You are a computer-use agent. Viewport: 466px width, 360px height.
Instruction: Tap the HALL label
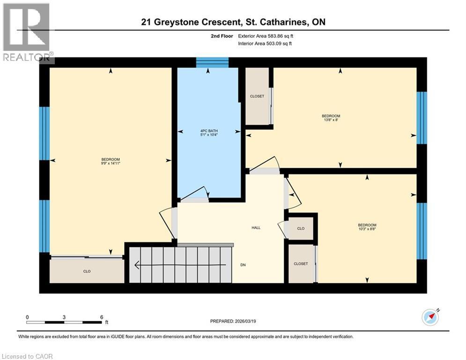(x=256, y=228)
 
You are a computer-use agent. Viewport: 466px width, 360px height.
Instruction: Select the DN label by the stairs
(x=243, y=265)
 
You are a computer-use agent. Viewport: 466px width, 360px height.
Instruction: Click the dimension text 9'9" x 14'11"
(x=111, y=163)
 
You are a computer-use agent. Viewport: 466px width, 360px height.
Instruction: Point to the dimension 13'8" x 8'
(x=331, y=120)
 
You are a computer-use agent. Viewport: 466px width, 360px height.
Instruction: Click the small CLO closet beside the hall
(x=301, y=228)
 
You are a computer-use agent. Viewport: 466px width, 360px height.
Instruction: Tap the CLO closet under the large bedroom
(x=87, y=270)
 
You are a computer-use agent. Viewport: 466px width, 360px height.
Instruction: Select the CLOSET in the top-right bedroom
(x=257, y=96)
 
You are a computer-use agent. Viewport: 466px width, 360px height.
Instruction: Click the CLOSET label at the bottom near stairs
(x=301, y=264)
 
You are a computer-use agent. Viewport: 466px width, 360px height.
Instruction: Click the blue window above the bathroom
(x=212, y=62)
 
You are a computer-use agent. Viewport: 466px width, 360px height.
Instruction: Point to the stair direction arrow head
(x=137, y=266)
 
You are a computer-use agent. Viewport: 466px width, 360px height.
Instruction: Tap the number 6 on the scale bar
(x=101, y=317)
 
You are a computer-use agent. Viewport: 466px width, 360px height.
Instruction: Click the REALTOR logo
(x=26, y=32)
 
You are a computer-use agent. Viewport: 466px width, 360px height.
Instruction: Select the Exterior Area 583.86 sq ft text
(x=266, y=36)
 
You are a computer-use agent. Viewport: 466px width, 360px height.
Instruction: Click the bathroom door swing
(x=197, y=194)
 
